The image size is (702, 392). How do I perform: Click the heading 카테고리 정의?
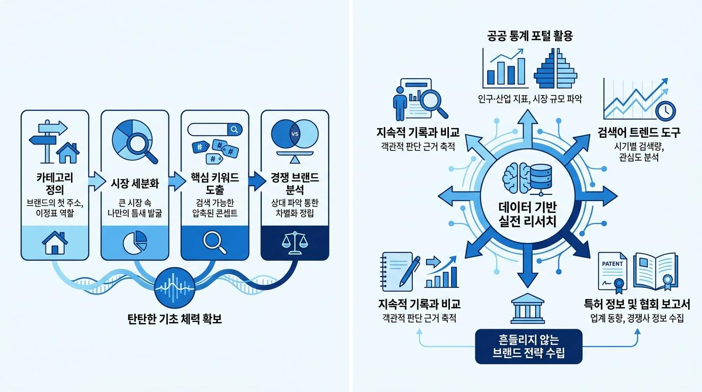pos(55,183)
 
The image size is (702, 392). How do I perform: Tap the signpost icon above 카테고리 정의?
pos(48,141)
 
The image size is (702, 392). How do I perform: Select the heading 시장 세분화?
pos(135,183)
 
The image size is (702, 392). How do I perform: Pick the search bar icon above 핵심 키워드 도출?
pos(215,129)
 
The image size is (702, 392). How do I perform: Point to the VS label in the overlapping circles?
pos(294,134)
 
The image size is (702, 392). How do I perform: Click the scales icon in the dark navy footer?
pos(294,243)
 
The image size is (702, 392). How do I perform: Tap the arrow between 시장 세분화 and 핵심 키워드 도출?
pos(177,181)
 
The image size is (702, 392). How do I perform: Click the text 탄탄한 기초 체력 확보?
pos(174,319)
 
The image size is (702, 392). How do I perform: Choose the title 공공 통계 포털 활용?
pos(530,36)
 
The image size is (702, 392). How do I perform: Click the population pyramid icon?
pos(556,68)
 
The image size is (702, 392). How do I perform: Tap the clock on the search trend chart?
pos(666,111)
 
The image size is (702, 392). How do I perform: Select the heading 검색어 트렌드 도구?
pos(639,133)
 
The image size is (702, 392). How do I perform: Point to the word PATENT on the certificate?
pos(612,264)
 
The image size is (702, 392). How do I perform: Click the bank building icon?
pos(528,308)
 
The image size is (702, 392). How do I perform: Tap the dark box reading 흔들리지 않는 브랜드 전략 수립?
pos(529,346)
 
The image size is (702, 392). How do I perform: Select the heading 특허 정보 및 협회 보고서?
pos(637,304)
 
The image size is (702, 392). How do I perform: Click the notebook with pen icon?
pos(400,272)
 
